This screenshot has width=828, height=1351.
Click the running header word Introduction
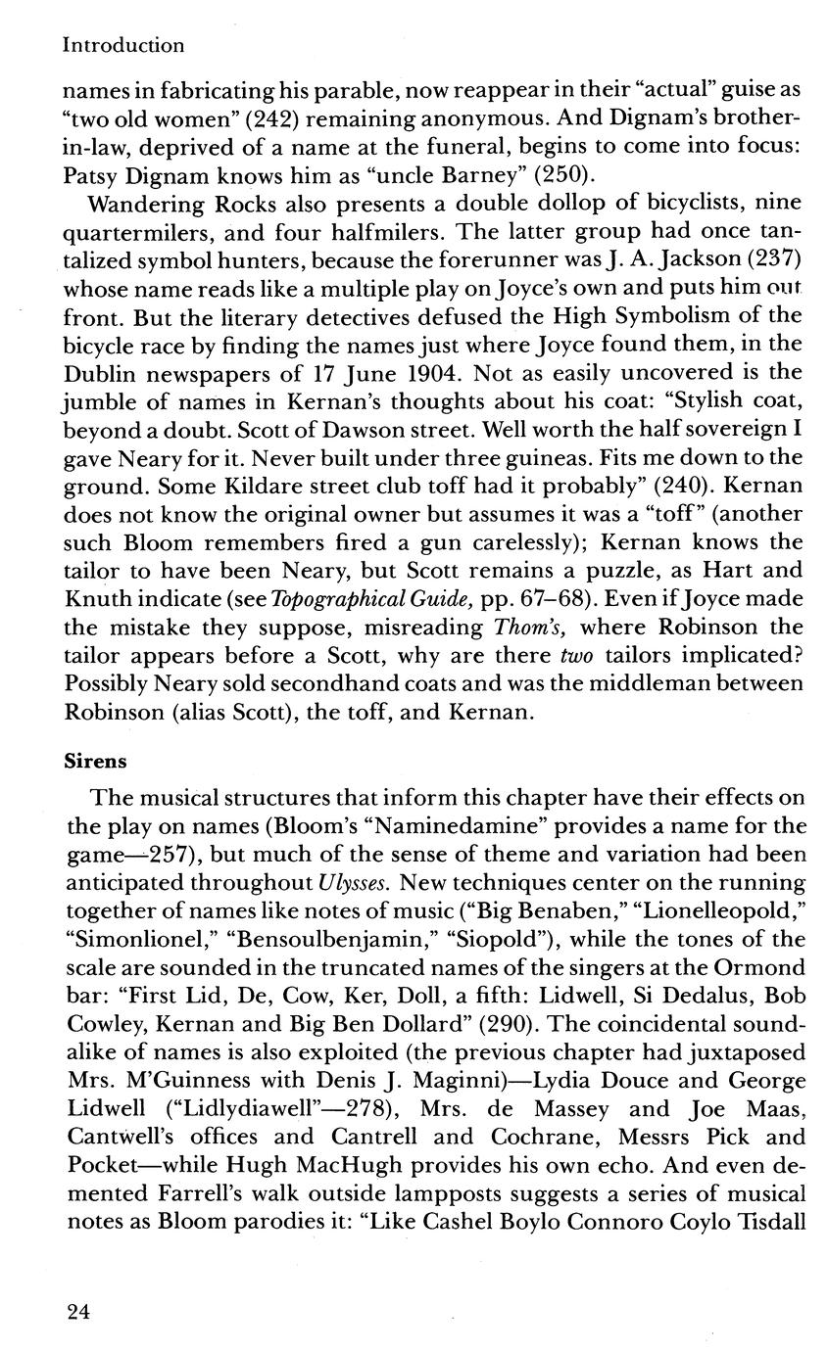[x=123, y=45]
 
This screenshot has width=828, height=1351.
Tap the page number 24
[x=79, y=1313]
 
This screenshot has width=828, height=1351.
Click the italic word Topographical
[x=336, y=599]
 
